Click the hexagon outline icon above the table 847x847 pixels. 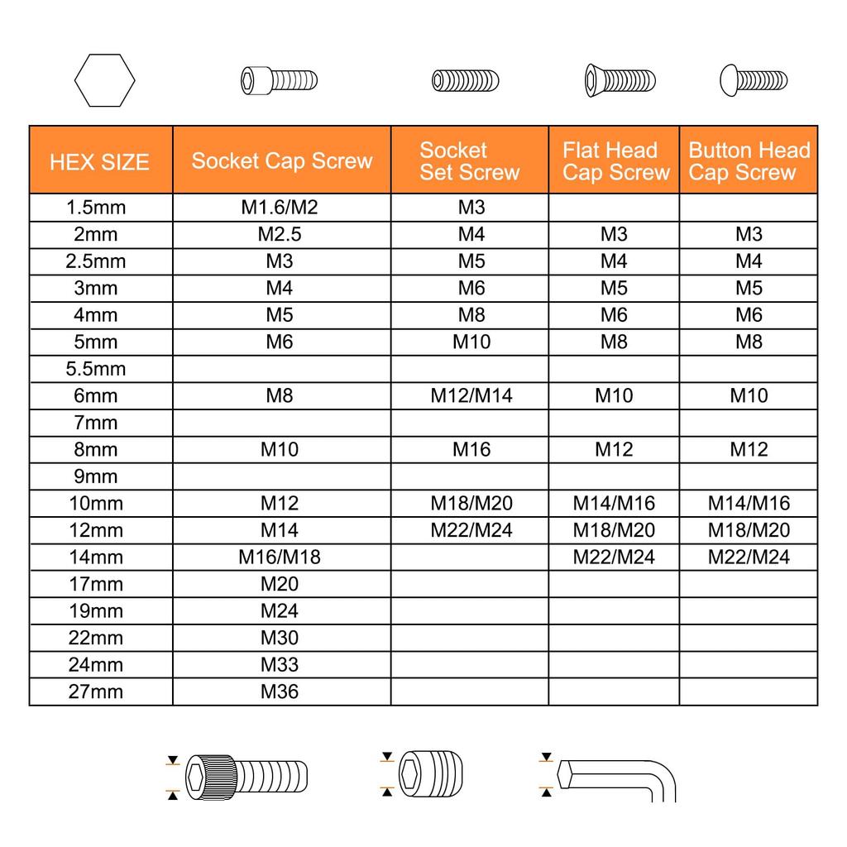click(104, 80)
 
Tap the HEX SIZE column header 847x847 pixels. click(99, 161)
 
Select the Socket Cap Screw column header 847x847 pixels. click(282, 160)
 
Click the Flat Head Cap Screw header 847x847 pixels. click(615, 161)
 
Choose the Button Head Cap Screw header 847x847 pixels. click(749, 161)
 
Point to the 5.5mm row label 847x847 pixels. click(96, 369)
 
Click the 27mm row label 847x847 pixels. click(96, 691)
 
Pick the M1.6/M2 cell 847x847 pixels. click(280, 208)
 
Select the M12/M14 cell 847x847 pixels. click(471, 395)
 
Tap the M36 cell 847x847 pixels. click(280, 691)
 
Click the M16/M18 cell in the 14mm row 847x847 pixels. click(280, 557)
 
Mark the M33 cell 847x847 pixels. click(280, 664)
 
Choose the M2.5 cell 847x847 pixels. click(280, 234)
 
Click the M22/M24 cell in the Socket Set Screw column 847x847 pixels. click(471, 530)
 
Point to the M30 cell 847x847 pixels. click(280, 638)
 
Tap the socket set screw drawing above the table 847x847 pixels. click(466, 80)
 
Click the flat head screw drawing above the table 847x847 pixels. click(620, 80)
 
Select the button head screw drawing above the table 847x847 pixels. click(754, 80)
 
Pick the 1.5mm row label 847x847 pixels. click(96, 208)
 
